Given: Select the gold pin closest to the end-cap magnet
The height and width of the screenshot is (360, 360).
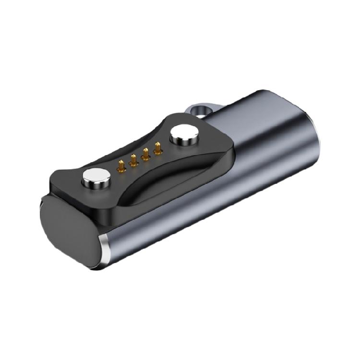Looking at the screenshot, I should click(122, 166).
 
